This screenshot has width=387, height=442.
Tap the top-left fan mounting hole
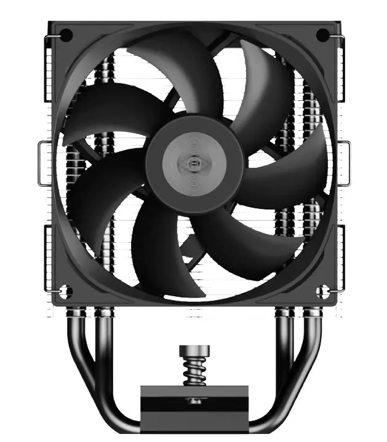(67, 34)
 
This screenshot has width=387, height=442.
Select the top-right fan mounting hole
(322, 34)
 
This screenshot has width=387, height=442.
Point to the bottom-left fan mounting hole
(66, 291)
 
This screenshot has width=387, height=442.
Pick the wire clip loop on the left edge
(43, 162)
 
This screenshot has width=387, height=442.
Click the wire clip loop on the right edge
(346, 162)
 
